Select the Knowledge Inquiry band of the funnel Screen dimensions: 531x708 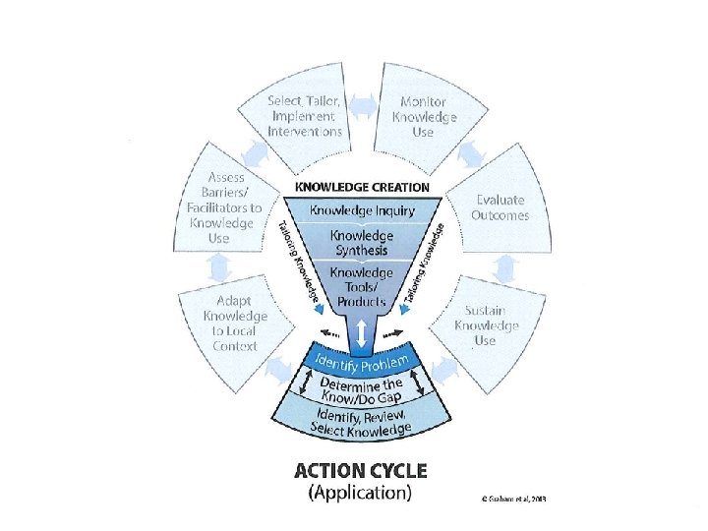(x=362, y=209)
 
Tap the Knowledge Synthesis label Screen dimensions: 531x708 (x=362, y=243)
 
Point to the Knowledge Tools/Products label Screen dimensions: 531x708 (x=362, y=286)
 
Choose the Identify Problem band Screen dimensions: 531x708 (x=362, y=361)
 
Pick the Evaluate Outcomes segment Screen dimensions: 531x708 (x=501, y=207)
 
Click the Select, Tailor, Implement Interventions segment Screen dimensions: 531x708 (x=305, y=117)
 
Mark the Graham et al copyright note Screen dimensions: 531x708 (x=507, y=499)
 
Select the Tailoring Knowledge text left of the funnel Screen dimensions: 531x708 (x=297, y=258)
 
